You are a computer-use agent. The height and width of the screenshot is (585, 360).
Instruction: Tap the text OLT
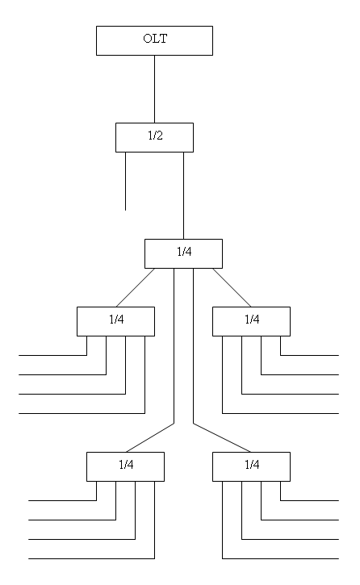coord(155,39)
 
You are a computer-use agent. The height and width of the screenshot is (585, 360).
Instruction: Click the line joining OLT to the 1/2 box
coord(154,90)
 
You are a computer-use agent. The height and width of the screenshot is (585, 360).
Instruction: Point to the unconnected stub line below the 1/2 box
coord(125,182)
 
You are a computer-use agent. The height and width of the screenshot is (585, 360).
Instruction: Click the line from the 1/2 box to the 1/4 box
coord(183,195)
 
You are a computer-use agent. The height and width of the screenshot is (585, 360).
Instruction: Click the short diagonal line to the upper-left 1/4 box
coord(135,287)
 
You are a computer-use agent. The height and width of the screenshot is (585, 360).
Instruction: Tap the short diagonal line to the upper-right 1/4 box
coord(232,287)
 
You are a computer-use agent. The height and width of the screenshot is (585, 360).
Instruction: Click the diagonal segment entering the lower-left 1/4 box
coord(150,438)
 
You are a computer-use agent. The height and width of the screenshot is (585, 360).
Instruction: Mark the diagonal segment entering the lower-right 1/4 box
coord(222,438)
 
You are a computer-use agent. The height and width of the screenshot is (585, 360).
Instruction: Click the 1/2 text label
coord(155,136)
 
